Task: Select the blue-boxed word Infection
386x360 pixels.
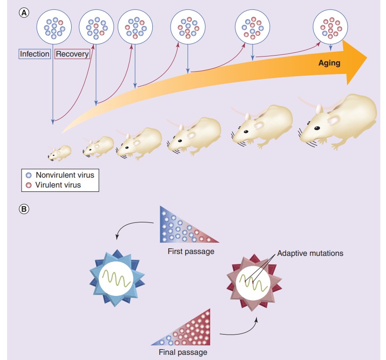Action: tap(34, 54)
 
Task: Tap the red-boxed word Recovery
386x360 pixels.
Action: tap(72, 54)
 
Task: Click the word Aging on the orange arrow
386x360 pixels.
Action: tap(329, 62)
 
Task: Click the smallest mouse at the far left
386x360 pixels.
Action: tap(59, 153)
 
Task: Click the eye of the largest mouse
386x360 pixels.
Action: tap(318, 127)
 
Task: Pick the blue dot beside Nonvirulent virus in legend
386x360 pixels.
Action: tap(28, 175)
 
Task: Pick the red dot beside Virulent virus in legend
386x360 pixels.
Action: tap(28, 185)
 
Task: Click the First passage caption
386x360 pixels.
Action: tap(191, 251)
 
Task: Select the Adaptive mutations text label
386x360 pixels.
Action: tap(310, 253)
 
